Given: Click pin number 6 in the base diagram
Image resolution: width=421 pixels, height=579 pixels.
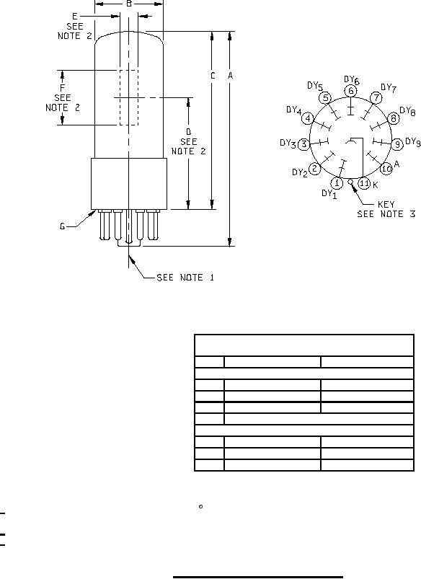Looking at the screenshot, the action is click(351, 91).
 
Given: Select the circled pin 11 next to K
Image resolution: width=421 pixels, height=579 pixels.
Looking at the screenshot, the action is click(365, 183).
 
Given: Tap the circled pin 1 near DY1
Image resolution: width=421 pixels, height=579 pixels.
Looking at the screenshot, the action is click(337, 182).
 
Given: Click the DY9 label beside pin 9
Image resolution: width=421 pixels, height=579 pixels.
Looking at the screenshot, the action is click(413, 142).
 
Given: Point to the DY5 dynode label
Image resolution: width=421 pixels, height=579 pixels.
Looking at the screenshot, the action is click(315, 87).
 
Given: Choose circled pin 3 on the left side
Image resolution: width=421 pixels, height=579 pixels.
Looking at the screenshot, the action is click(303, 144).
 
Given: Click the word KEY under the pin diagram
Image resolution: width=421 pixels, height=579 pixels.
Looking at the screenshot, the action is click(386, 204).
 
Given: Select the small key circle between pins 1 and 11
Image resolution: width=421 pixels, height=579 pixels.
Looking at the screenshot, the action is click(350, 182).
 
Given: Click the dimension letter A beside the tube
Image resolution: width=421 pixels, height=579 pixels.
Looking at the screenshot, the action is click(230, 75).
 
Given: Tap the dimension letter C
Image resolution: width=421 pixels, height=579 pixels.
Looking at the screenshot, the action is click(213, 76).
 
